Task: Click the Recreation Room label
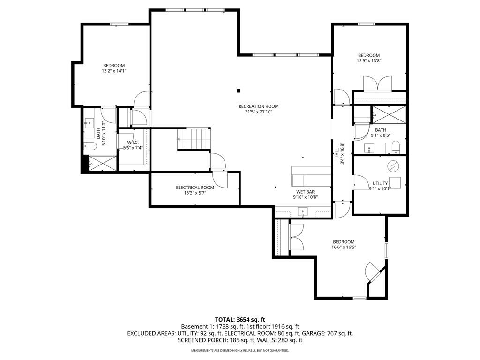259,106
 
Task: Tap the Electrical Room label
195,187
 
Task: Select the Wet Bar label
306,192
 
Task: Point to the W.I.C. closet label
133,142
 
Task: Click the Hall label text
337,153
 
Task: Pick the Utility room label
380,183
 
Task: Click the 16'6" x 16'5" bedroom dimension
344,247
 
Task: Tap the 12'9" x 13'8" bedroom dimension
369,60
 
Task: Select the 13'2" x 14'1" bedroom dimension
114,71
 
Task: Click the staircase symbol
194,138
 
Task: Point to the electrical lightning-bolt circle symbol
393,166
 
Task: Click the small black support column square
239,90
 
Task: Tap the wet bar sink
303,212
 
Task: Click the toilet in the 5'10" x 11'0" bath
90,146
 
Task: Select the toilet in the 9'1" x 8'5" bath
396,147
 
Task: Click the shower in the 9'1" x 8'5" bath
389,115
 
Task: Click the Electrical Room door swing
220,180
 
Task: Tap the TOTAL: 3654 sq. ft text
240,320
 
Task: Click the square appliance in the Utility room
395,183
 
